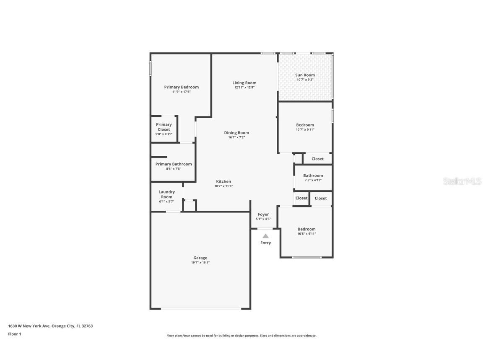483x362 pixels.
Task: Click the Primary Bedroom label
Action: [x=182, y=87]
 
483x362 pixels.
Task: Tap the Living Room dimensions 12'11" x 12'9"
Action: [x=244, y=88]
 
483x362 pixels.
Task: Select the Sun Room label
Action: [x=305, y=75]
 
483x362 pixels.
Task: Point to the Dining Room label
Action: [x=236, y=133]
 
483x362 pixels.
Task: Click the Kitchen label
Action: [x=223, y=181]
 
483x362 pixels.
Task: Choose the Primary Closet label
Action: [x=164, y=127]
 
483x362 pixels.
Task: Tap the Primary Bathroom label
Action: [x=174, y=164]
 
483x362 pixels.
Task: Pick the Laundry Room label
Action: [x=166, y=194]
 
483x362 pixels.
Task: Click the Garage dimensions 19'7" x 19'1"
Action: [x=200, y=263]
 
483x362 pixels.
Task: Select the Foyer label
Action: [x=263, y=214]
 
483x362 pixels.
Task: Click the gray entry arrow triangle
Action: [x=265, y=236]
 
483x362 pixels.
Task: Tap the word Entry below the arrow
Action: [x=265, y=243]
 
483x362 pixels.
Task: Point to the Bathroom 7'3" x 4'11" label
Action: [x=313, y=176]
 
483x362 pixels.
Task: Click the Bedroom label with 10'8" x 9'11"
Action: [x=306, y=229]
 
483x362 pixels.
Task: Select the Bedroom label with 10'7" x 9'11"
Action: [x=305, y=125]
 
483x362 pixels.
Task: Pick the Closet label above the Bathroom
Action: [x=317, y=159]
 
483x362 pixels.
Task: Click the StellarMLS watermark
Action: [x=462, y=181]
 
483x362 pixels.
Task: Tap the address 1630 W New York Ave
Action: [x=29, y=326]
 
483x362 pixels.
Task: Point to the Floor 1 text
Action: [x=15, y=334]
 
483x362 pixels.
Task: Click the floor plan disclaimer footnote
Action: [x=241, y=336]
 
